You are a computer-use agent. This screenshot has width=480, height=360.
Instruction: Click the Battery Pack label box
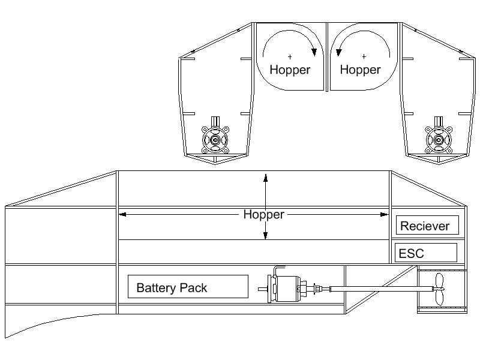(x=188, y=287)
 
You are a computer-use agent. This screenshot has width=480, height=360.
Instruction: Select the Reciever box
(x=428, y=226)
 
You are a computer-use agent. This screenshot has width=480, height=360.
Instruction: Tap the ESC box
(x=425, y=253)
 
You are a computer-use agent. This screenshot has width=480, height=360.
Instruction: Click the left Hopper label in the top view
(x=290, y=70)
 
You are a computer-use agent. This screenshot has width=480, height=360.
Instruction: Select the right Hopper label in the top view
(x=360, y=70)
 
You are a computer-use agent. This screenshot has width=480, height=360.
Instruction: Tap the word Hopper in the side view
(x=263, y=214)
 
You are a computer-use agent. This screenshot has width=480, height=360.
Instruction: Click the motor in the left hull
(x=215, y=139)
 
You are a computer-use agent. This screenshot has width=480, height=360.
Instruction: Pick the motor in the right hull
(x=437, y=139)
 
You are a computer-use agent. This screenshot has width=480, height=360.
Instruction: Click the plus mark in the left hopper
(x=290, y=57)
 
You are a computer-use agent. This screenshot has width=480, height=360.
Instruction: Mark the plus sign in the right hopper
(x=364, y=57)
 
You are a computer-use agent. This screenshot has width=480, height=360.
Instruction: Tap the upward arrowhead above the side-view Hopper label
(x=266, y=176)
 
